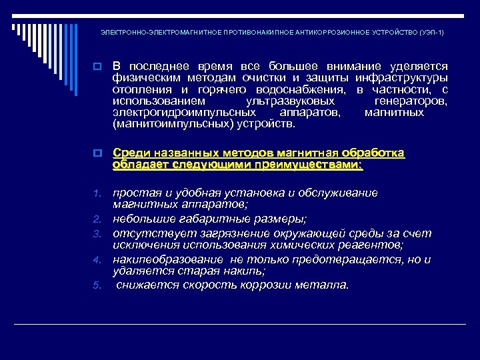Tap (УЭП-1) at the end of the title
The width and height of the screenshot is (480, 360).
(x=431, y=32)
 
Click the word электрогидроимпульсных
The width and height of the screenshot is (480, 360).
(x=180, y=112)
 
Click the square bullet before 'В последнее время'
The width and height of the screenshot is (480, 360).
(x=97, y=67)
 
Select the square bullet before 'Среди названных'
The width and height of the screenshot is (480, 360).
(x=97, y=154)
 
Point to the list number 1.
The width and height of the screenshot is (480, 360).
(x=96, y=194)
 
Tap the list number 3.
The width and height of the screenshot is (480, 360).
(x=96, y=234)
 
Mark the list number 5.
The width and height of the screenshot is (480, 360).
(x=96, y=285)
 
